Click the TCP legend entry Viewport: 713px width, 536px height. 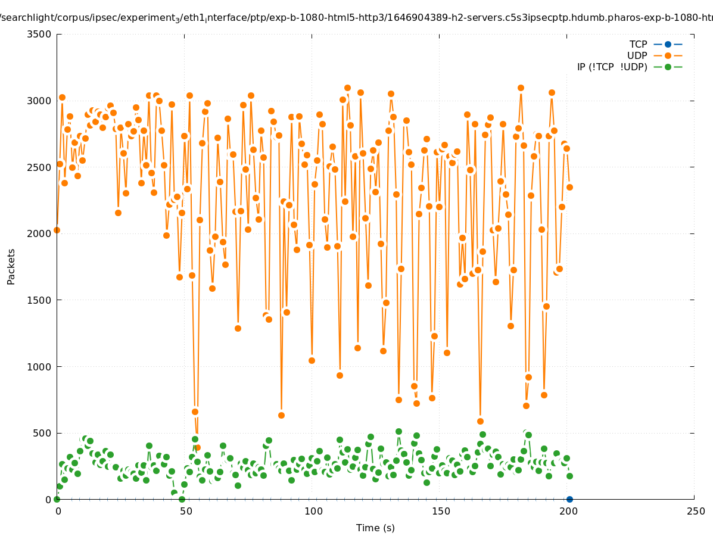[656, 44]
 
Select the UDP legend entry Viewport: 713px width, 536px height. [655, 55]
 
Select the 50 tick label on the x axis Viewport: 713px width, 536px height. [186, 511]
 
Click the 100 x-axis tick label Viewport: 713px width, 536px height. [313, 511]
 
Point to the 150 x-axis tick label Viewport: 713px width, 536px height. [440, 511]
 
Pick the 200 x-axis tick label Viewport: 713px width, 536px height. [568, 511]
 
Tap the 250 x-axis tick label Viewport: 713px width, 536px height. [695, 511]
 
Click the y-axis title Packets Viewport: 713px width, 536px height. [11, 266]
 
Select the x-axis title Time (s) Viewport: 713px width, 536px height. [375, 528]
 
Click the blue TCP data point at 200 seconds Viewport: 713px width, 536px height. [569, 499]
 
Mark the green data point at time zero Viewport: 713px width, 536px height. [57, 499]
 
